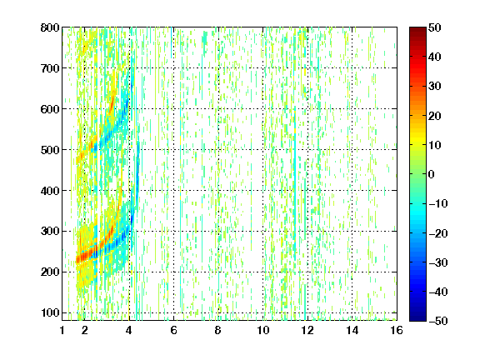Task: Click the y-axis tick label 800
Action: [50, 27]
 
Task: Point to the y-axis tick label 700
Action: [50, 68]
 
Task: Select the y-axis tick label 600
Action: [50, 109]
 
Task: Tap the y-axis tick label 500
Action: [50, 150]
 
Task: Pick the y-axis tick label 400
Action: [50, 191]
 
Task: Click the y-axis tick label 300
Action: [50, 232]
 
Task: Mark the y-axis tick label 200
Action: [50, 272]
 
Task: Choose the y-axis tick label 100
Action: [50, 312]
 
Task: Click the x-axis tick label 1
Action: [62, 330]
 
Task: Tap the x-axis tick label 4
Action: [129, 330]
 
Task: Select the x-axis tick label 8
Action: [218, 330]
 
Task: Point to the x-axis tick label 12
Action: [307, 330]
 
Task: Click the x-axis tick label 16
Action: [397, 330]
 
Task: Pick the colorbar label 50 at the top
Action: [434, 27]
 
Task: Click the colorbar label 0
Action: [432, 174]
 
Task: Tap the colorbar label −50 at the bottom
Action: [437, 321]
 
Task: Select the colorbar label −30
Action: [437, 262]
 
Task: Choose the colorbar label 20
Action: [434, 116]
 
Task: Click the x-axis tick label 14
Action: [352, 330]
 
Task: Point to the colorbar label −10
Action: [437, 203]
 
